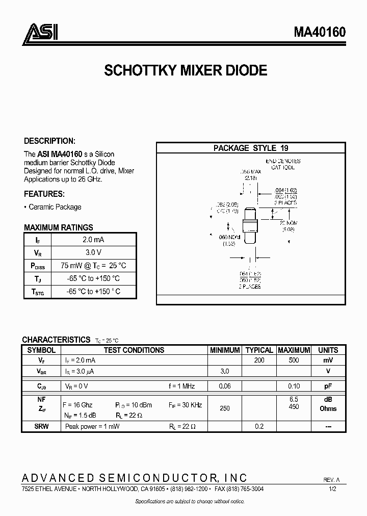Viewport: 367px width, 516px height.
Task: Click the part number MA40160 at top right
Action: (320, 32)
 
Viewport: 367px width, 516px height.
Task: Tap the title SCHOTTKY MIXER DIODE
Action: (186, 70)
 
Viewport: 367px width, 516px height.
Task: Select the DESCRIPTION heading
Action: (49, 141)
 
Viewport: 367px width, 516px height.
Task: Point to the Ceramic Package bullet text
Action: (55, 207)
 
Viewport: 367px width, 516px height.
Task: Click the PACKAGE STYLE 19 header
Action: (251, 148)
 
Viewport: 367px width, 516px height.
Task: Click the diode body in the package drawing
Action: (250, 224)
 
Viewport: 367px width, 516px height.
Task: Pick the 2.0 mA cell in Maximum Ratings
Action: (93, 239)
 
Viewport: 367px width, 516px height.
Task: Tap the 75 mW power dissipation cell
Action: (93, 266)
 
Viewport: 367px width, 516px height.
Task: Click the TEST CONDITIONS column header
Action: (134, 350)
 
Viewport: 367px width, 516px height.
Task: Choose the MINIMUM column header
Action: (225, 350)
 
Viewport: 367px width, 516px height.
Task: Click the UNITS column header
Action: (328, 350)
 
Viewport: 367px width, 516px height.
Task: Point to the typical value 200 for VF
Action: (259, 360)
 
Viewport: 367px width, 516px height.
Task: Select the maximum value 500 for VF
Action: (294, 360)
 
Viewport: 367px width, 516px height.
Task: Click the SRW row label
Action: (41, 426)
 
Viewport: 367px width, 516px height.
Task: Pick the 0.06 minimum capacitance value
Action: (225, 386)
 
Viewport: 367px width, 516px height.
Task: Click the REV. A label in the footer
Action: (331, 480)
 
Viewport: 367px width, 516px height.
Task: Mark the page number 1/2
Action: (332, 488)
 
